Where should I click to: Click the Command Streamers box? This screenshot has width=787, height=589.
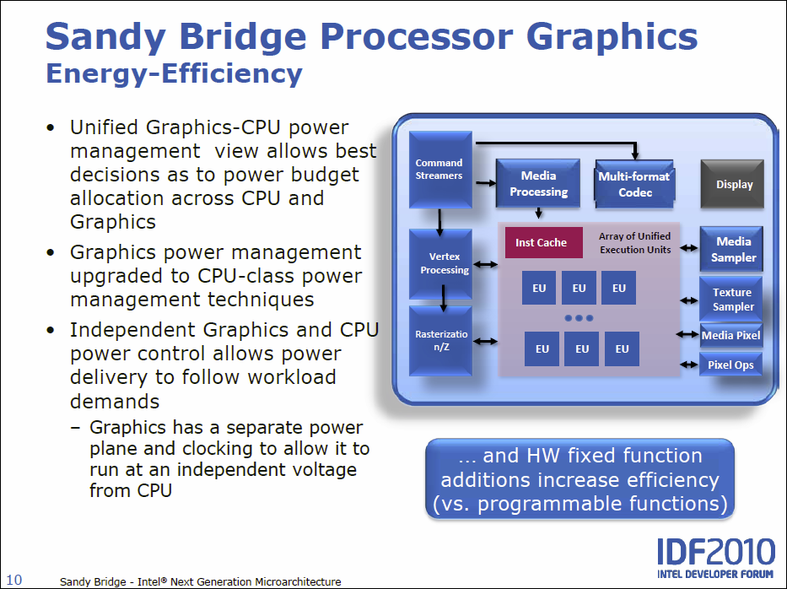tap(439, 169)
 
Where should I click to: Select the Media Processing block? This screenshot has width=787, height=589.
tap(538, 183)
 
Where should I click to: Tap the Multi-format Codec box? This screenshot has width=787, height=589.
tap(634, 183)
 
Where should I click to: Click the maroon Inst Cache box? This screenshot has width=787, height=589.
tap(542, 243)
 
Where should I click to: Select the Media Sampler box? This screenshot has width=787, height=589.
tap(732, 249)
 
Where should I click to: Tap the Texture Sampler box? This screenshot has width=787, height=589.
tap(732, 299)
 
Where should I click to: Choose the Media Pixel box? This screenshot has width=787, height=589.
tap(730, 335)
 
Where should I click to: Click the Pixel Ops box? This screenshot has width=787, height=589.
tap(730, 365)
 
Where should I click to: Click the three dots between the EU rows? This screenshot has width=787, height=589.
tap(579, 318)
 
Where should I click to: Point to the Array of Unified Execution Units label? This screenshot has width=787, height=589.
tap(635, 243)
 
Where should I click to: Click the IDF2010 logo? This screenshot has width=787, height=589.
tap(715, 558)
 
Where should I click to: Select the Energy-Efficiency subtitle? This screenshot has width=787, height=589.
tap(174, 73)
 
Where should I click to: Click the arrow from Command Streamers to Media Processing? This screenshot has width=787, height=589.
tap(484, 181)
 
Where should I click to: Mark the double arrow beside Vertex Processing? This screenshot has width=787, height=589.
tap(484, 264)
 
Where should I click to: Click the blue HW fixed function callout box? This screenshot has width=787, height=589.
tap(579, 479)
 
